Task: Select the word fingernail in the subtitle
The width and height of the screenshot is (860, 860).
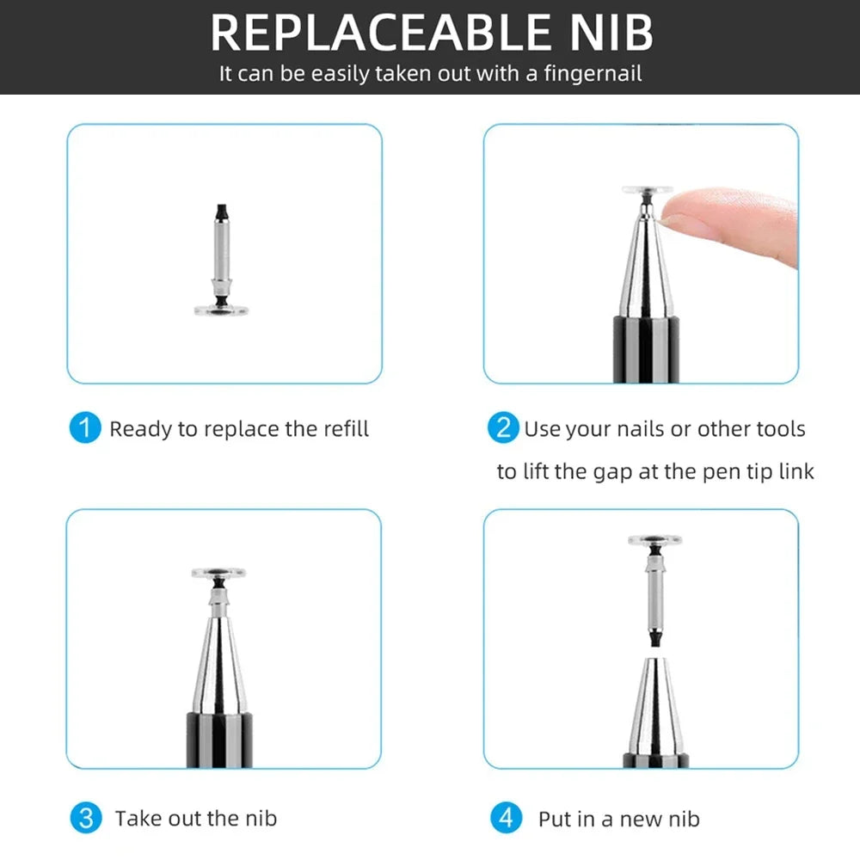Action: coord(591,73)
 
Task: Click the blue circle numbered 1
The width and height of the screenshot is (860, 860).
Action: coord(84,428)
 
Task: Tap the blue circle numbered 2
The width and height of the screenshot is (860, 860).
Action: coord(504,428)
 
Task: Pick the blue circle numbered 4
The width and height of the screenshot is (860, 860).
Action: coord(505,818)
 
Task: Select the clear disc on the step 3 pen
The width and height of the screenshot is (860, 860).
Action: coord(218,572)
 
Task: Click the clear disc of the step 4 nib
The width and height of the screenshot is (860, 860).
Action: coord(655,541)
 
